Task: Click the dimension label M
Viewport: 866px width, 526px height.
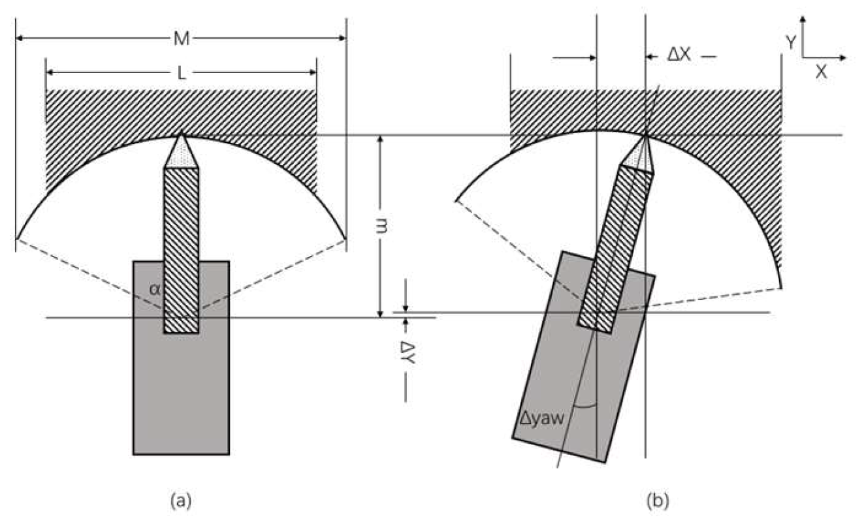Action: pyautogui.click(x=182, y=39)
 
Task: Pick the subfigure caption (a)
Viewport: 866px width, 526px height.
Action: pyautogui.click(x=180, y=501)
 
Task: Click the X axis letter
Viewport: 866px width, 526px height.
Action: pyautogui.click(x=821, y=72)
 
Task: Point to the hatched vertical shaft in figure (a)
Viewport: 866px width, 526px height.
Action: pyautogui.click(x=181, y=248)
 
